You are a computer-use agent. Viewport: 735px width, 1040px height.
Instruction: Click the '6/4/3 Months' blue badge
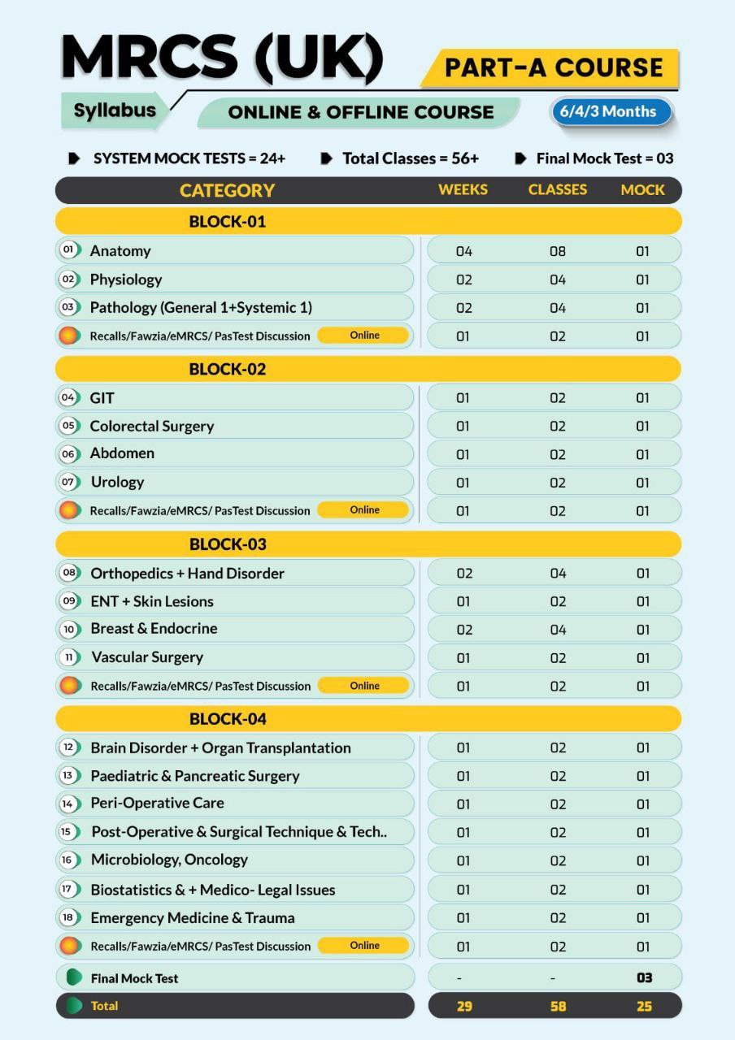pos(611,111)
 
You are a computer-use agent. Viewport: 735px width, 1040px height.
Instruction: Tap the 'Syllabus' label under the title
pos(115,110)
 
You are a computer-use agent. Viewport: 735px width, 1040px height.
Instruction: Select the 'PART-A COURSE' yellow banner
pos(553,67)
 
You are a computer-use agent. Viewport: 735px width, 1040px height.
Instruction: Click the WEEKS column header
pos(463,189)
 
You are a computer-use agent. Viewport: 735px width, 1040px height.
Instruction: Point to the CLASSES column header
pos(557,189)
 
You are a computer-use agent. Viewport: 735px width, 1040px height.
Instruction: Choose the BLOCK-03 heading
pos(228,544)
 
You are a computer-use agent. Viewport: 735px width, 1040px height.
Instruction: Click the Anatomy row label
pos(120,250)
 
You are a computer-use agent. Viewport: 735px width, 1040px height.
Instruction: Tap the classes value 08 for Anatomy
pos(557,251)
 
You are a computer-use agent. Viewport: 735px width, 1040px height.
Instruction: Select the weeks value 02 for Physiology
pos(463,279)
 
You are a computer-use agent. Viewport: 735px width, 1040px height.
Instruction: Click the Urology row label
pos(117,482)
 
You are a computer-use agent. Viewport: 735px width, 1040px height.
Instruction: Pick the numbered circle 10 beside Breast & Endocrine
pos(69,629)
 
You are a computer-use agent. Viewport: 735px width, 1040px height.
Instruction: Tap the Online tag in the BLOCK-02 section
pos(364,510)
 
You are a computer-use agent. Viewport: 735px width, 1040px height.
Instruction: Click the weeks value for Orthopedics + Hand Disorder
pos(463,573)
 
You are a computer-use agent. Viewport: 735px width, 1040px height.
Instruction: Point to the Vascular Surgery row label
pos(146,657)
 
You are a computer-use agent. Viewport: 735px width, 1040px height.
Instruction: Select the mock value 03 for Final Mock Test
pos(644,977)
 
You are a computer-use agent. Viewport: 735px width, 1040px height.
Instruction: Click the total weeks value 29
pos(464,1006)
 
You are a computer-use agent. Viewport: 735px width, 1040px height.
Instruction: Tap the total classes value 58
pos(557,1006)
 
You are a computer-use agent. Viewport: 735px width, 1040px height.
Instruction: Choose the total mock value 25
pos(644,1006)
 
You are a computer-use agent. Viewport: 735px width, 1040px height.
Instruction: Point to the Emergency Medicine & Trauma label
pos(193,918)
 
